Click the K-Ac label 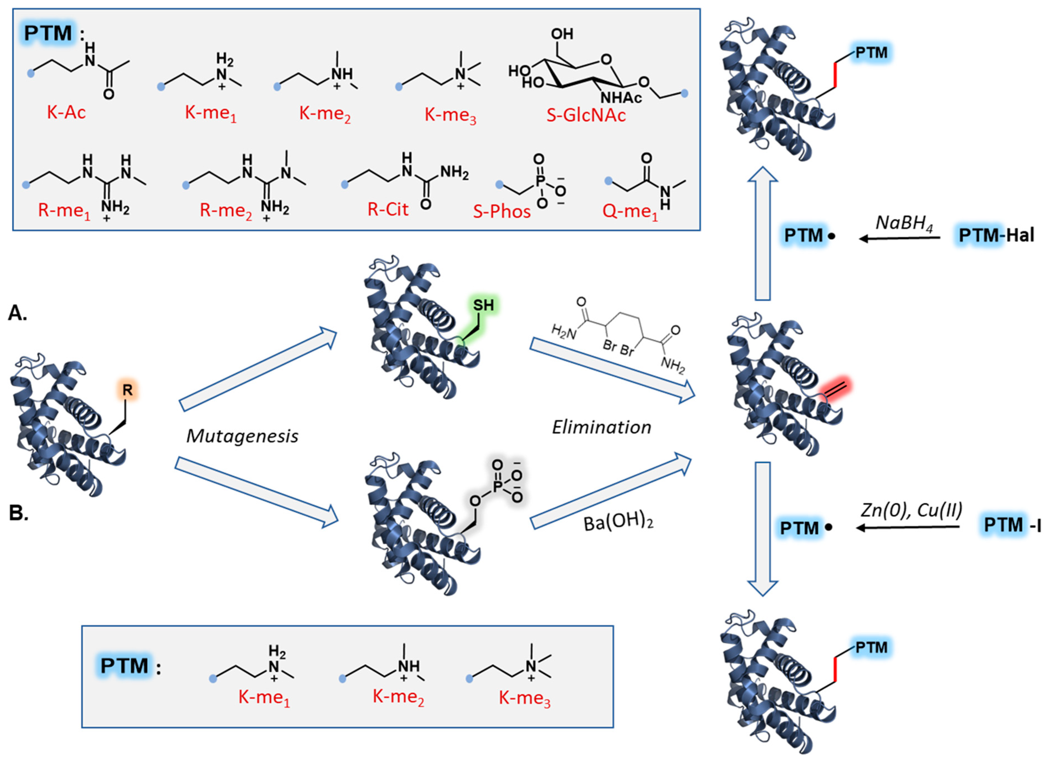click(x=66, y=113)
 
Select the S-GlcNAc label click(x=586, y=115)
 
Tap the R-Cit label click(x=388, y=209)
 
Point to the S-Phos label click(x=501, y=211)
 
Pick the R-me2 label click(x=226, y=210)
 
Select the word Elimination click(x=601, y=427)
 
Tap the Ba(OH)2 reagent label click(x=618, y=523)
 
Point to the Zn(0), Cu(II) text click(x=911, y=510)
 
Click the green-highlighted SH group click(x=483, y=305)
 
